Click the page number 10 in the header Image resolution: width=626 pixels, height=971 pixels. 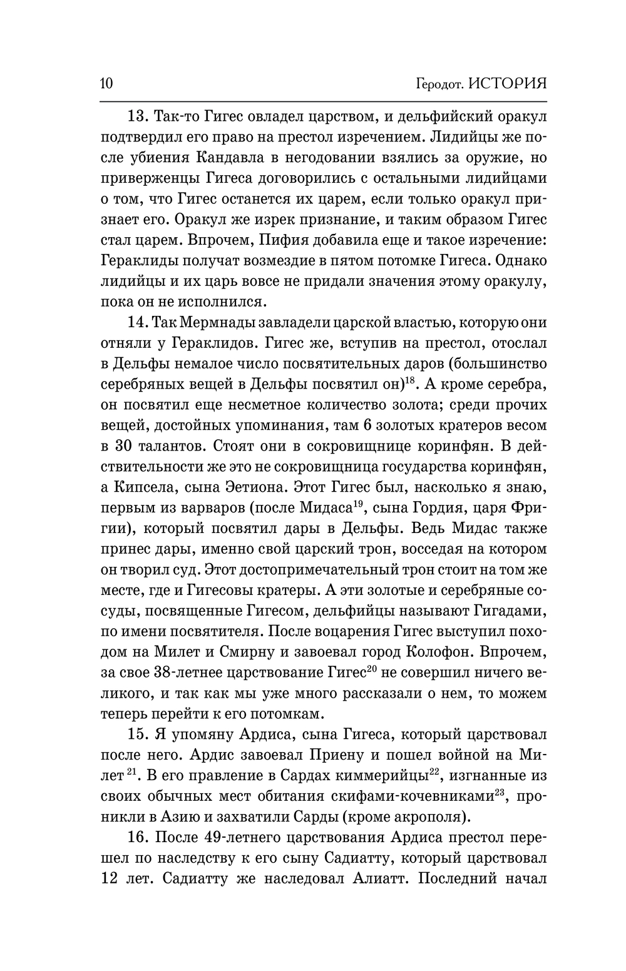106,83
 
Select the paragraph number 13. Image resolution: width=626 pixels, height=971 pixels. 136,116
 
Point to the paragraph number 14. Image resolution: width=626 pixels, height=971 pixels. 136,323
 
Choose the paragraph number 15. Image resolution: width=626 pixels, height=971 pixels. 136,733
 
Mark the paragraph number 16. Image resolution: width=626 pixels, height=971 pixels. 136,836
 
